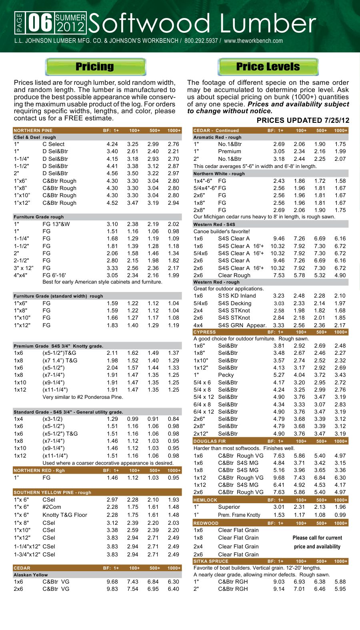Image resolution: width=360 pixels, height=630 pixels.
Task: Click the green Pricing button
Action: pyautogui.click(x=95, y=67)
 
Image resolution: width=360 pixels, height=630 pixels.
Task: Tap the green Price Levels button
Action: pyautogui.click(x=268, y=67)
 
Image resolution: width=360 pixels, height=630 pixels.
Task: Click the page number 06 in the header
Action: pyautogui.click(x=40, y=23)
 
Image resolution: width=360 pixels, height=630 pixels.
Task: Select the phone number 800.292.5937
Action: pyautogui.click(x=201, y=41)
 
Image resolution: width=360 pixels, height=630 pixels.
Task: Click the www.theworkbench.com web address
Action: pyautogui.click(x=253, y=41)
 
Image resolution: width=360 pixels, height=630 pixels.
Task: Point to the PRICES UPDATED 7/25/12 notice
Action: pyautogui.click(x=303, y=120)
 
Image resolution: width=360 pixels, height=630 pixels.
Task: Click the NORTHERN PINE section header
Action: pyautogui.click(x=33, y=130)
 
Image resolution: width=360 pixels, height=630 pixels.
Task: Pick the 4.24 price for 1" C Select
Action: pyautogui.click(x=112, y=144)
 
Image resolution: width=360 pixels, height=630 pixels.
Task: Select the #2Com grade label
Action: pyautogui.click(x=52, y=507)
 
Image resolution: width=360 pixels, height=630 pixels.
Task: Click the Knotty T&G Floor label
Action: pyautogui.click(x=65, y=515)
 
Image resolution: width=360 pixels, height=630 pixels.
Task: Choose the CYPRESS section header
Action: pyautogui.click(x=204, y=332)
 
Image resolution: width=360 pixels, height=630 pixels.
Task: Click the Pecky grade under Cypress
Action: pyautogui.click(x=226, y=375)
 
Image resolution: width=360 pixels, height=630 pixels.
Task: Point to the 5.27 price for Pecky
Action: pyautogui.click(x=279, y=375)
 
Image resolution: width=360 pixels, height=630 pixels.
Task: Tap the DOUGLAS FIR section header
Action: pyautogui.click(x=210, y=441)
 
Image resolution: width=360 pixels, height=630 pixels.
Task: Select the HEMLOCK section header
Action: pyautogui.click(x=205, y=500)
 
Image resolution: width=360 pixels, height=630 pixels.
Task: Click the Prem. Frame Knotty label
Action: pyautogui.click(x=239, y=515)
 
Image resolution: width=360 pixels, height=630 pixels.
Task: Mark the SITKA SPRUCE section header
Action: pyautogui.click(x=211, y=561)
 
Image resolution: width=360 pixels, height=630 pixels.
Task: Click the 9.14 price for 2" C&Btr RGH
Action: pyautogui.click(x=279, y=589)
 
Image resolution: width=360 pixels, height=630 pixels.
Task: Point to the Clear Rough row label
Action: pyautogui.click(x=234, y=275)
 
